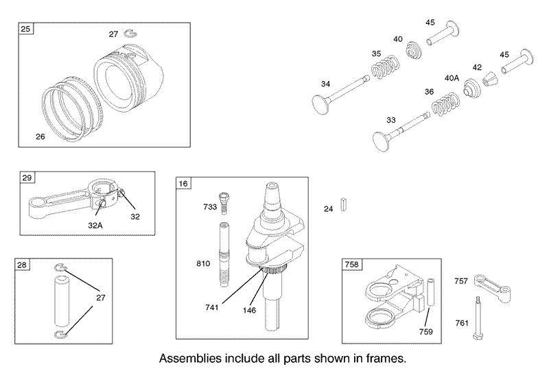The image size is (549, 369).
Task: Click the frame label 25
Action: (x=25, y=28)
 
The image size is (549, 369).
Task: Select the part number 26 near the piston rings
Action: (x=40, y=136)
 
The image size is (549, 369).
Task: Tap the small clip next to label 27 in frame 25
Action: (x=130, y=33)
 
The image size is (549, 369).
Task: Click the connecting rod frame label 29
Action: (x=27, y=178)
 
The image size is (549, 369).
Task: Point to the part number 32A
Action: (x=95, y=226)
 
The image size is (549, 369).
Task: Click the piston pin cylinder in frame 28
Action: (x=62, y=300)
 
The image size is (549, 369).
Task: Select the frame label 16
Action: (x=183, y=183)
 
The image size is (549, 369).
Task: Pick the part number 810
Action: (x=203, y=263)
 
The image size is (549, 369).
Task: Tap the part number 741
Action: (x=212, y=307)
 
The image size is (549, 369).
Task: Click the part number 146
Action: (x=249, y=310)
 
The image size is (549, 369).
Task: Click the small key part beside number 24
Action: (x=344, y=204)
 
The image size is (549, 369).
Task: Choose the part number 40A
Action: (x=452, y=78)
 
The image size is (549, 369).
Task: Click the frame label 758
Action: (x=352, y=264)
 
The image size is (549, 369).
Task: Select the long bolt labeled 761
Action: (x=477, y=318)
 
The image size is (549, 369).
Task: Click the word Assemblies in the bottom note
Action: (x=190, y=359)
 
